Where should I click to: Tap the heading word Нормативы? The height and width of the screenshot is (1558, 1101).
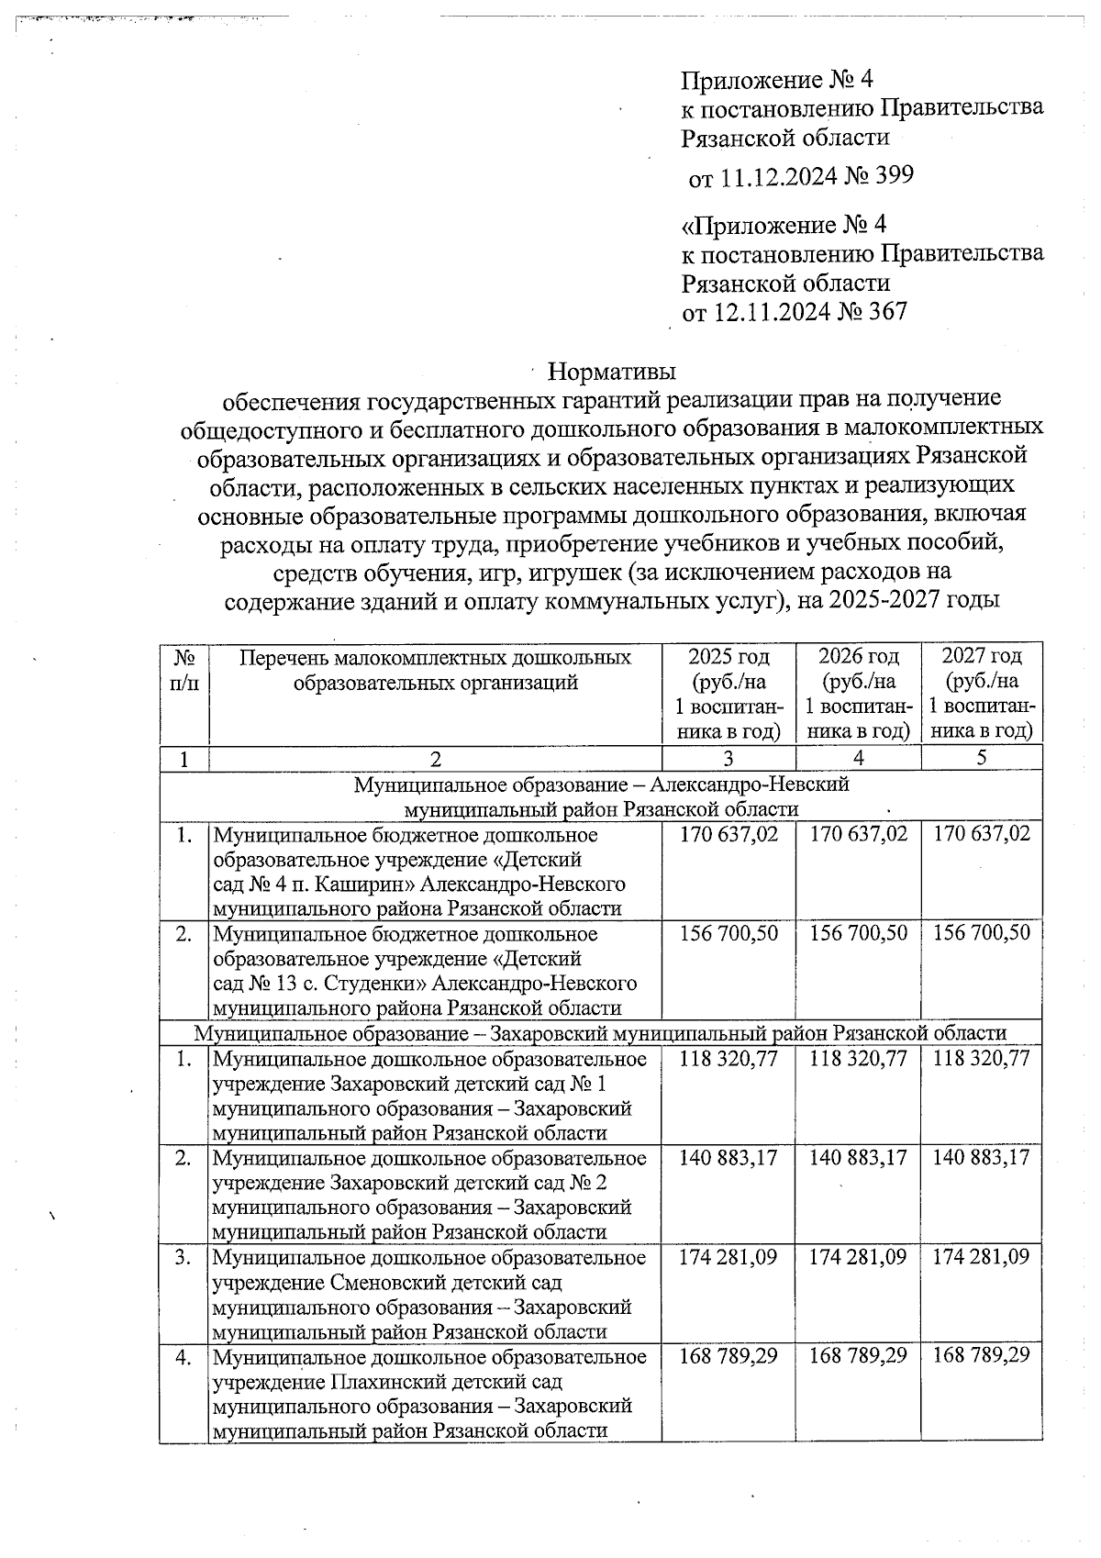coord(611,372)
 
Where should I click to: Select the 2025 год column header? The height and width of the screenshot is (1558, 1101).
coord(728,657)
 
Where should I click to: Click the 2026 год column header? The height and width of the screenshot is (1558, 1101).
coord(858,657)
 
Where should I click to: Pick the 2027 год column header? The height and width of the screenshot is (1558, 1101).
coord(981,657)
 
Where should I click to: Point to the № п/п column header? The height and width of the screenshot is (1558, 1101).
coord(183,670)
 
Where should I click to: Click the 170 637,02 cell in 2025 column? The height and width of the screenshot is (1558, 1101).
coord(728,834)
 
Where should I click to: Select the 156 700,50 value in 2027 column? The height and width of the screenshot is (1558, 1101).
coord(981,933)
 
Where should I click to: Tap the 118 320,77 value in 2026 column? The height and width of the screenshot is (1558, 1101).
coord(858,1058)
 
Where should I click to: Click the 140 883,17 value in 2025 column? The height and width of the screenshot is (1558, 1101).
coord(728,1158)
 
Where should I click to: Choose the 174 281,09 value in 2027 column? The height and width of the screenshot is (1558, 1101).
coord(981,1257)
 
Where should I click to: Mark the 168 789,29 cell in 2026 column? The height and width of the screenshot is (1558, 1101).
coord(858,1355)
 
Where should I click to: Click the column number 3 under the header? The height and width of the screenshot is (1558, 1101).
coord(728,759)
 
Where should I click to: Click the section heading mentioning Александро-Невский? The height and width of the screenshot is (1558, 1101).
coord(602,785)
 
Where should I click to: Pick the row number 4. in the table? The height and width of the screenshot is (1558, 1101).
coord(183,1356)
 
